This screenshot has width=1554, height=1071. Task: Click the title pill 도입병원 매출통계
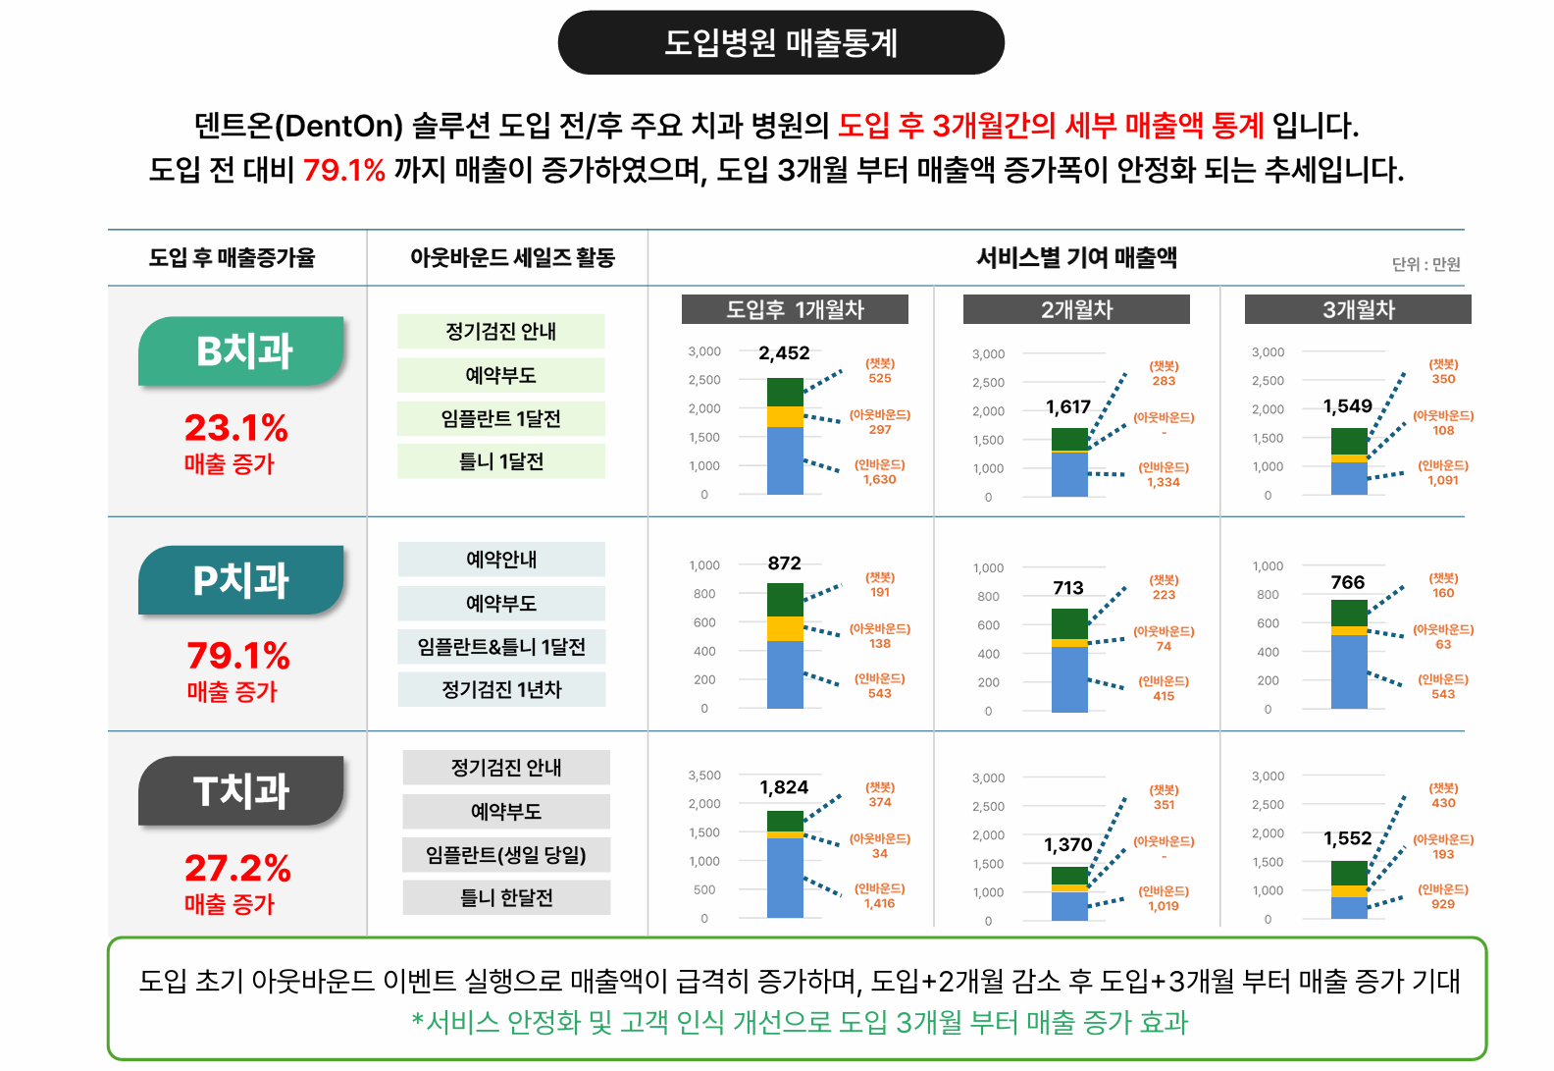(x=781, y=43)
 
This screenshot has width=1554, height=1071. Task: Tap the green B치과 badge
(x=243, y=350)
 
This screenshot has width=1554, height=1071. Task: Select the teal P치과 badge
(x=241, y=580)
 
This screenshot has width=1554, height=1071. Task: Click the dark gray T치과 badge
(x=241, y=791)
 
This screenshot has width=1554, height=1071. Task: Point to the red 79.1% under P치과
(x=238, y=655)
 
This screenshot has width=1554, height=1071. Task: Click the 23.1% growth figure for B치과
(x=236, y=427)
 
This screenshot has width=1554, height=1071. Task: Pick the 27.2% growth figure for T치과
(x=237, y=868)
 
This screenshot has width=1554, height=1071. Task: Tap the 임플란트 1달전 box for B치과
(x=501, y=419)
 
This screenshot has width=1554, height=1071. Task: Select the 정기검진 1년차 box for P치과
(x=501, y=690)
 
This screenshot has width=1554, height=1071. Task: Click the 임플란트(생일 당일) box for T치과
(x=506, y=855)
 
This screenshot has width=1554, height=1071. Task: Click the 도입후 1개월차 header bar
(x=795, y=310)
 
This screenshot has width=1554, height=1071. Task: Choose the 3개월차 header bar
(x=1358, y=310)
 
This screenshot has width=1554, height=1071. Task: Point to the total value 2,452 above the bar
(x=784, y=353)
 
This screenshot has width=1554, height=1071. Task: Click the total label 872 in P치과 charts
(x=784, y=563)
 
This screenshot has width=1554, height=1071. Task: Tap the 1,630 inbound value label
(x=880, y=480)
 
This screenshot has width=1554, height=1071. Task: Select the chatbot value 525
(x=880, y=379)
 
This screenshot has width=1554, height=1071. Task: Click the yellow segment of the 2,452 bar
(x=785, y=417)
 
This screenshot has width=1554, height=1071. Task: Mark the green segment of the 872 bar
(x=785, y=599)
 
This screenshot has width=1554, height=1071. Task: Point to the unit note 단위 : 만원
(x=1425, y=264)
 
